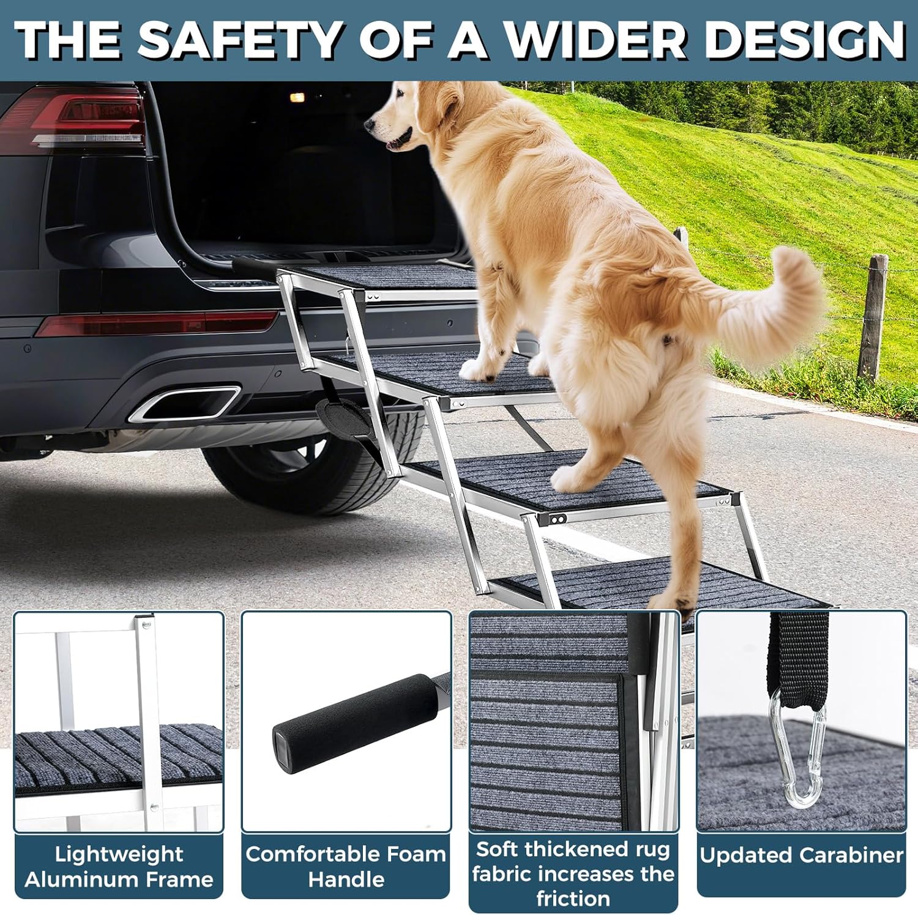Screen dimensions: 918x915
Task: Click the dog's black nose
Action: point(370,125)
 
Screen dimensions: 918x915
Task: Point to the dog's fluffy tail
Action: point(771,300)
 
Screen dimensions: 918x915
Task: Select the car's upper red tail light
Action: point(76,116)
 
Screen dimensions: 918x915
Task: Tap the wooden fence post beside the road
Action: point(873,318)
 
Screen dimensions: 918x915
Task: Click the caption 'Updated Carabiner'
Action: point(801,855)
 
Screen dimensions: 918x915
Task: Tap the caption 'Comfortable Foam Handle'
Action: point(346,866)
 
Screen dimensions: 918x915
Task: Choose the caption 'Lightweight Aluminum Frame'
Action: point(119,866)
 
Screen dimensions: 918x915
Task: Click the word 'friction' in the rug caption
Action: point(573,898)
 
